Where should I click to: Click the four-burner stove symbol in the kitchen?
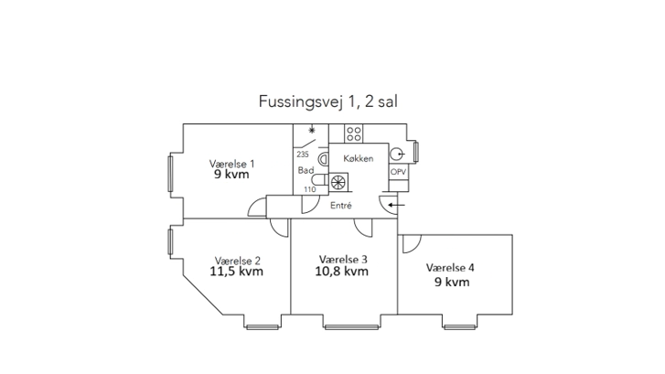point(354,134)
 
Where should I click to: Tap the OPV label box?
point(398,172)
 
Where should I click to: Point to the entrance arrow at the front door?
point(397,205)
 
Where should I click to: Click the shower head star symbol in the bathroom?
point(312,130)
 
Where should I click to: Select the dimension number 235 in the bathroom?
point(303,155)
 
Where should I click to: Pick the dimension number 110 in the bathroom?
point(310,189)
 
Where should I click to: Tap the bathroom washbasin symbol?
point(324,159)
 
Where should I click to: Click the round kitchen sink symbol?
point(397,154)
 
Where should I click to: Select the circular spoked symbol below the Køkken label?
point(338,182)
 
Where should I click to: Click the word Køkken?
point(359,158)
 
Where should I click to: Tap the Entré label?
point(341,205)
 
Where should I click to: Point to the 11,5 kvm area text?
point(237,272)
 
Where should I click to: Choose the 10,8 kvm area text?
point(341,271)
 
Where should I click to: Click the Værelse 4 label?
point(450,268)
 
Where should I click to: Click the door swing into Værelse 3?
point(363,228)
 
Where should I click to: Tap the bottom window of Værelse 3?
point(351,327)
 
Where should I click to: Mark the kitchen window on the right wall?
point(416,152)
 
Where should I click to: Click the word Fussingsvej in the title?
point(300,102)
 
